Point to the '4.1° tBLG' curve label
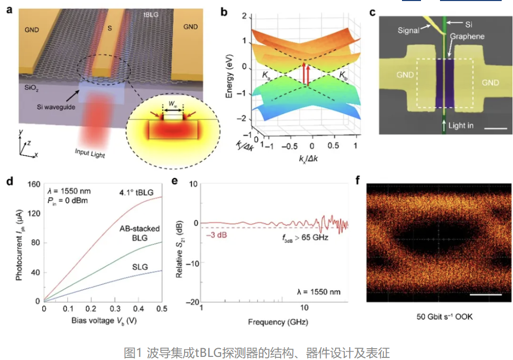[x=136, y=193]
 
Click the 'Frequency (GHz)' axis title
[x=273, y=322]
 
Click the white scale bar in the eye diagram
[x=485, y=295]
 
